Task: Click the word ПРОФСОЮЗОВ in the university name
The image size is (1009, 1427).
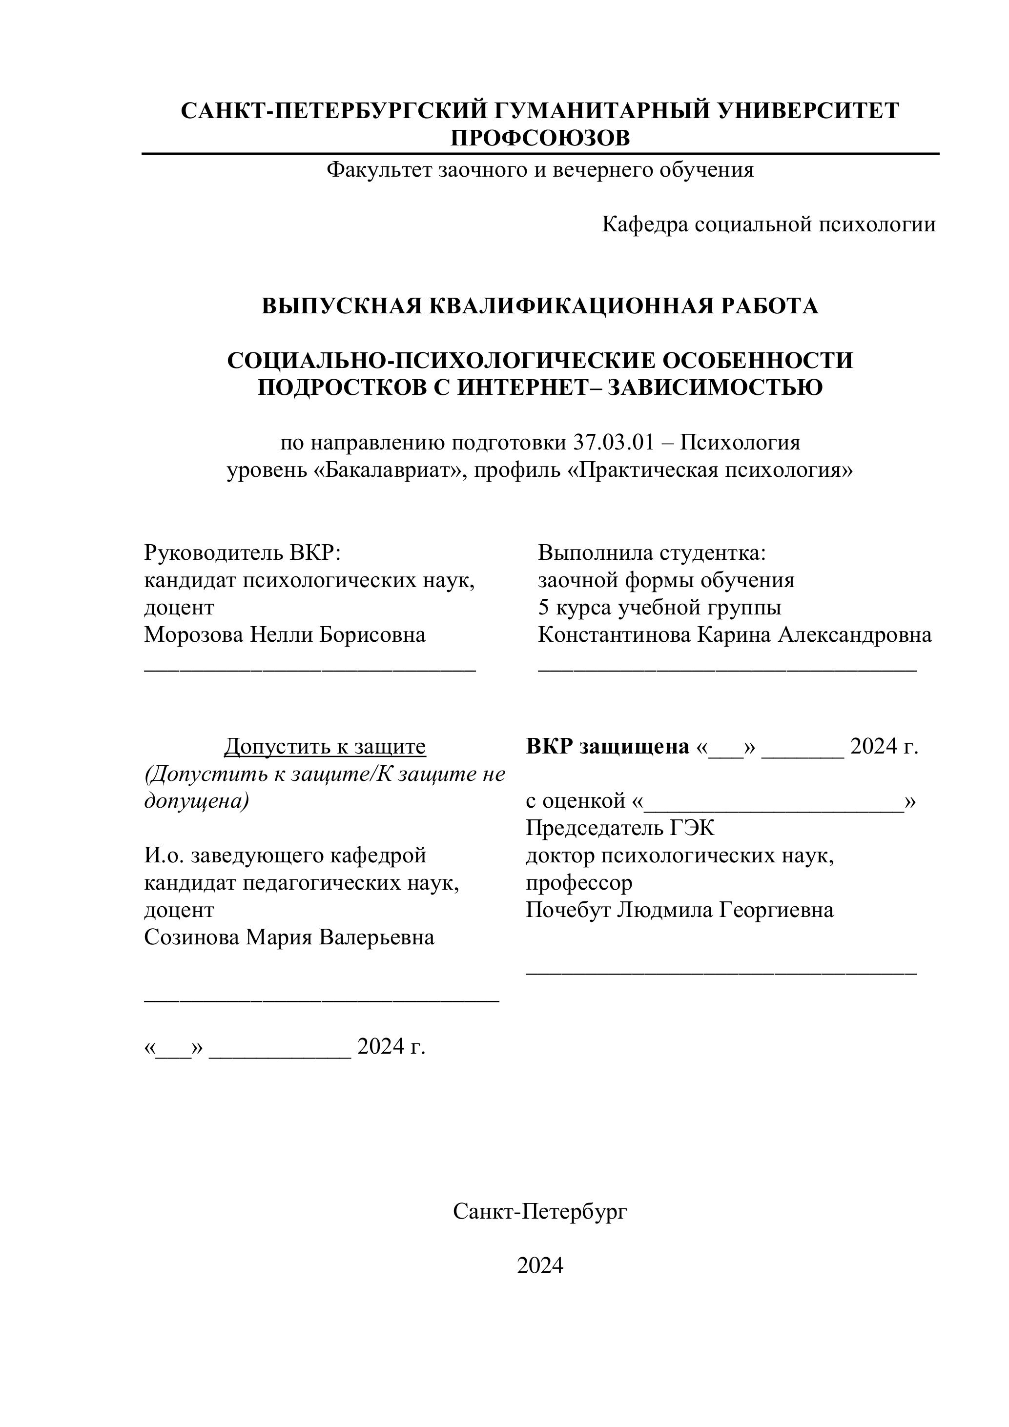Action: (539, 138)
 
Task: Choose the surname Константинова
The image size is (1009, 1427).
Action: (614, 634)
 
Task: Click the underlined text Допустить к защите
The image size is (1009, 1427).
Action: (325, 746)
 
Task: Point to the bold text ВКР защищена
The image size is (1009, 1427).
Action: (607, 746)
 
